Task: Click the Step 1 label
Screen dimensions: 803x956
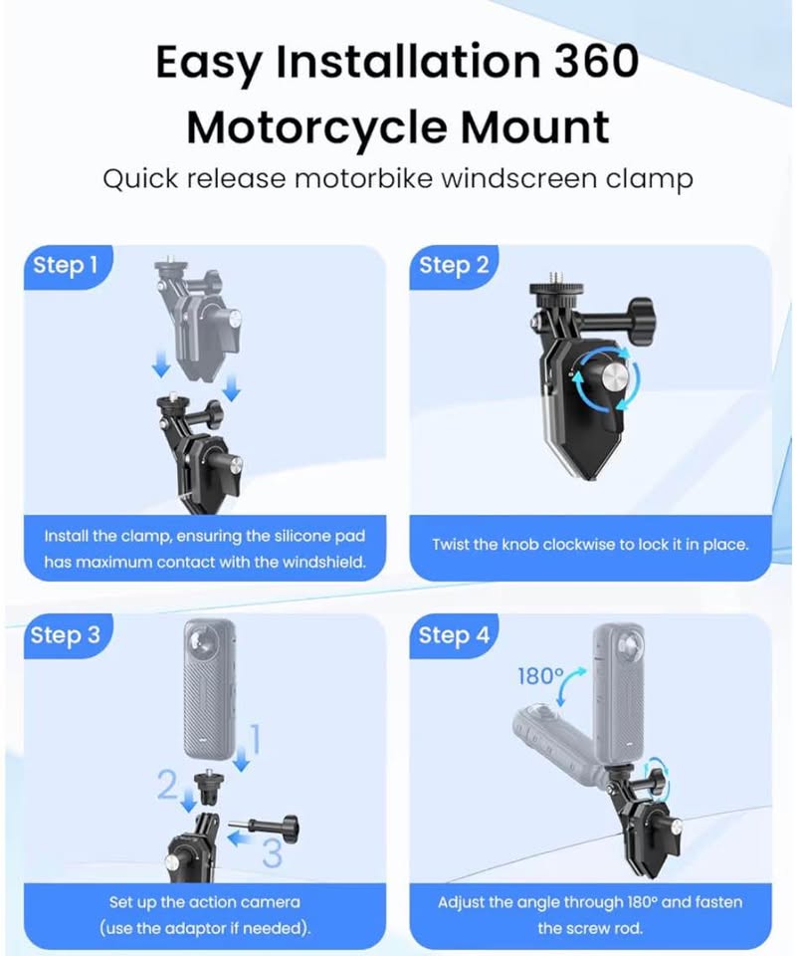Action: click(65, 265)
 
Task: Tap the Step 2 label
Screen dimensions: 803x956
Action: click(454, 265)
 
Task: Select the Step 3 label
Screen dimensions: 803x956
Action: click(66, 635)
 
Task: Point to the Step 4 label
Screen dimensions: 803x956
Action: click(454, 635)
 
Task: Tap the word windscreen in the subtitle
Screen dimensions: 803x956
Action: click(518, 178)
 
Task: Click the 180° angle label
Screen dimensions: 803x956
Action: click(540, 676)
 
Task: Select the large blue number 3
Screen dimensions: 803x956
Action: click(272, 852)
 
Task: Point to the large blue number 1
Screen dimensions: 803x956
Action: click(256, 739)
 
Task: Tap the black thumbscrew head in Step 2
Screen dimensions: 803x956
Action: click(641, 321)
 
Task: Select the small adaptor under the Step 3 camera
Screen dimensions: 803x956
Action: click(208, 787)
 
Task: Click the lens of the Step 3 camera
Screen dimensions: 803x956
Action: click(200, 640)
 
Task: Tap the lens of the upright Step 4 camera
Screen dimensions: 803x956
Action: click(629, 645)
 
